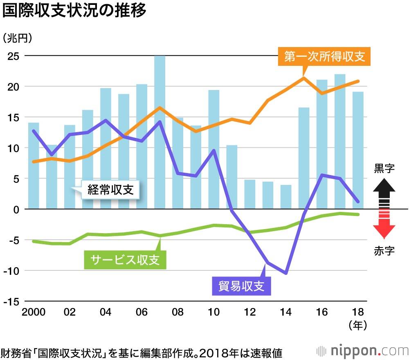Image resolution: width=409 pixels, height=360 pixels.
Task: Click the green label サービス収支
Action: click(125, 259)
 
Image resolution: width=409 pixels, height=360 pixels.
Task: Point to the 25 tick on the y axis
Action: click(14, 56)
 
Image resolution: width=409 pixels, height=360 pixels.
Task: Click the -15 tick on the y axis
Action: click(12, 301)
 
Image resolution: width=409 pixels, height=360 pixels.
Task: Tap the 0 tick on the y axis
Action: click(17, 209)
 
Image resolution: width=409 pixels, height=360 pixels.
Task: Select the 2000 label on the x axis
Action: click(33, 312)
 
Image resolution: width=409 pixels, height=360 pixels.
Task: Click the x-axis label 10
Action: click(213, 312)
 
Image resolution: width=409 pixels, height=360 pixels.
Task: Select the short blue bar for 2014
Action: click(285, 197)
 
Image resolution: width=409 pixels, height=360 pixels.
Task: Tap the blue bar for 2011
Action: click(231, 177)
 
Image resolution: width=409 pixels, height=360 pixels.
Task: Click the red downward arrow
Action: click(384, 227)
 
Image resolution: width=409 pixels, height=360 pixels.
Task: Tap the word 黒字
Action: click(384, 169)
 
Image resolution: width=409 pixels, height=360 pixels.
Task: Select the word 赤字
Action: click(384, 251)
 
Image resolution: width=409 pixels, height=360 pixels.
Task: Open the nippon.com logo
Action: click(362, 351)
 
